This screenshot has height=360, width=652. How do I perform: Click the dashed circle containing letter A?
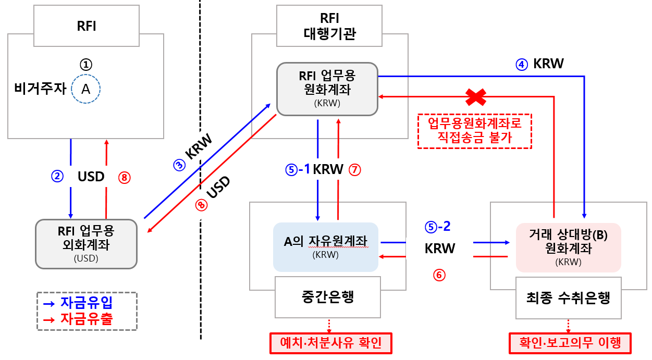85,89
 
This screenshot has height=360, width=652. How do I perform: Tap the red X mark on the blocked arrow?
476,96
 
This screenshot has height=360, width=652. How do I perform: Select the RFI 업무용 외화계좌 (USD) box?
86,243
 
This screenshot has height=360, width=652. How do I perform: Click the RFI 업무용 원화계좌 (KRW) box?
327,89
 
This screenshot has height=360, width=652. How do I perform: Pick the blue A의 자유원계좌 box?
326,247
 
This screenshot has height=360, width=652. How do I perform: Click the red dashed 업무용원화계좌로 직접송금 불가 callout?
475,131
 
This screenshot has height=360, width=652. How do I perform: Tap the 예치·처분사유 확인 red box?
330,343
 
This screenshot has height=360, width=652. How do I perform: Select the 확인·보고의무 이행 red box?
570,343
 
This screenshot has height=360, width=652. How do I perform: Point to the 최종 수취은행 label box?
568,299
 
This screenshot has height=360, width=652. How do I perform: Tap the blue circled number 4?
522,64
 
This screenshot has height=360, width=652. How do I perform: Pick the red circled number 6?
439,275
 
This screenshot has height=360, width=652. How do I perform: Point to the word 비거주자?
41,89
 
